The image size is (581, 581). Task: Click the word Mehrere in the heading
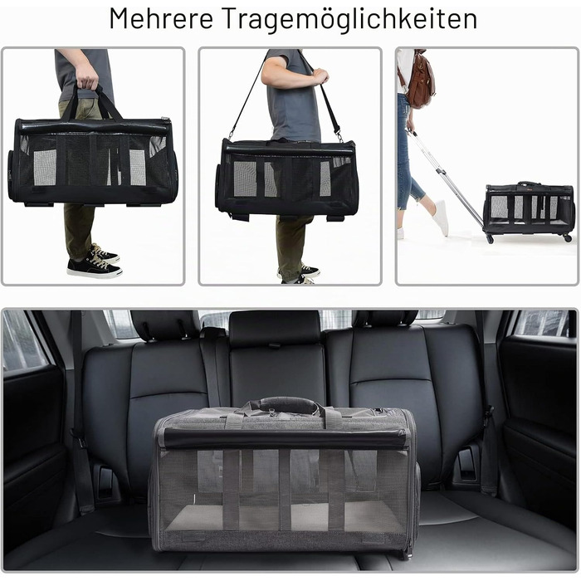click(161, 18)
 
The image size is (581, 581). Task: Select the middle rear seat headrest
click(275, 328)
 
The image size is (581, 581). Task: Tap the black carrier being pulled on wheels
click(530, 210)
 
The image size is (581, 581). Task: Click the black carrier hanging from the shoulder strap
click(287, 178)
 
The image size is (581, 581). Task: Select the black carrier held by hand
click(93, 162)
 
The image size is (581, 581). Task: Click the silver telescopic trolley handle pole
click(446, 178)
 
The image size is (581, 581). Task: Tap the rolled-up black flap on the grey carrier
click(284, 438)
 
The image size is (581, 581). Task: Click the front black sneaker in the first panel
click(94, 267)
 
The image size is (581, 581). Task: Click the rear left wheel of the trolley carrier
click(490, 239)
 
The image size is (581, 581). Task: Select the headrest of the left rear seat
click(163, 325)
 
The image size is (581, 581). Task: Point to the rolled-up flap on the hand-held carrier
click(93, 127)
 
